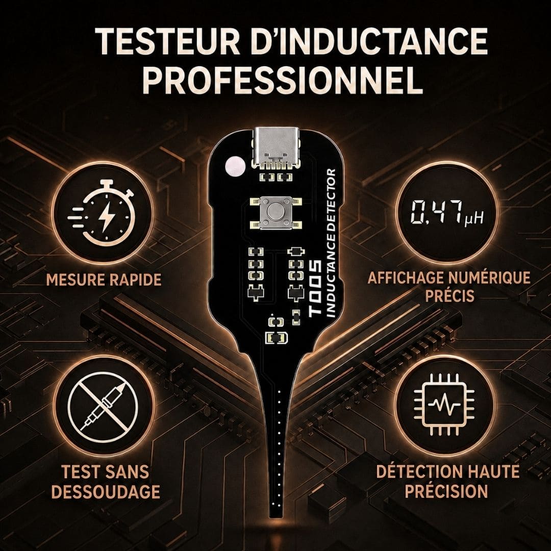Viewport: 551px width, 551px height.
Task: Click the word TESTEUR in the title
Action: pyautogui.click(x=167, y=41)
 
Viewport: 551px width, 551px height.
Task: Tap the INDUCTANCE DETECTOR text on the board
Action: pyautogui.click(x=330, y=243)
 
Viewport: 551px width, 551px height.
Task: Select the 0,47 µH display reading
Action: pyautogui.click(x=447, y=212)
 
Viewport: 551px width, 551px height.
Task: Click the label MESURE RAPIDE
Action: pyautogui.click(x=104, y=280)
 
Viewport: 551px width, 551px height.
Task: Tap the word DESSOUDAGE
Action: pyautogui.click(x=106, y=491)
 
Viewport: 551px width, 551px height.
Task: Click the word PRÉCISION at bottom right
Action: pyautogui.click(x=446, y=491)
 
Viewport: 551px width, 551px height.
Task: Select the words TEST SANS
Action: pyautogui.click(x=105, y=472)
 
